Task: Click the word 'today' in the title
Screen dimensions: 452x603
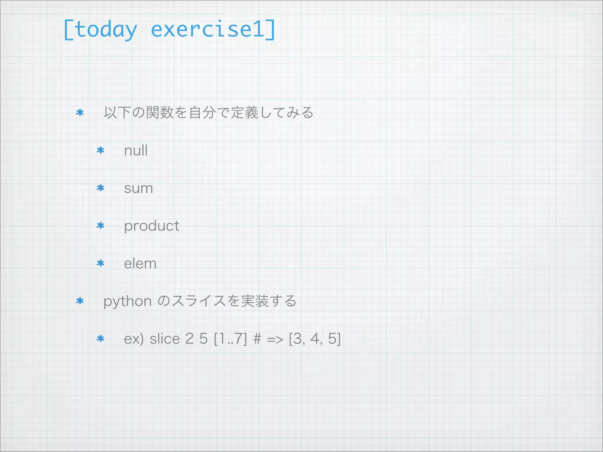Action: coord(106,30)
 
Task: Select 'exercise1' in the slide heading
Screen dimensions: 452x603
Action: coord(208,29)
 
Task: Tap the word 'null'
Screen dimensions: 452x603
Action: coord(136,150)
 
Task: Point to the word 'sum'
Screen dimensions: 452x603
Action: coord(138,188)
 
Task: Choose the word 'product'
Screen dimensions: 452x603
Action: coord(152,226)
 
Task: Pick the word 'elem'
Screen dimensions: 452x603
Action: coord(140,263)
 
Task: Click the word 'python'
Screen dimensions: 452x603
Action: coord(127,301)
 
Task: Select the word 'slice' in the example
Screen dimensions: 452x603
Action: coord(165,339)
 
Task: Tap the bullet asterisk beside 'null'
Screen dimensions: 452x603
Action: coord(100,150)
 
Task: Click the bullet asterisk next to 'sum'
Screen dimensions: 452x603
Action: coord(100,188)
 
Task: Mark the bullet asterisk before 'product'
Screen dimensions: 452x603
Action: coord(100,226)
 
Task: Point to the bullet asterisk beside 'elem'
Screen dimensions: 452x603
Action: coord(100,263)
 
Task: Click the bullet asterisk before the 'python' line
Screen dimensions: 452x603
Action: coord(80,301)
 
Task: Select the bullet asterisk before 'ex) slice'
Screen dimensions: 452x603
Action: coord(100,339)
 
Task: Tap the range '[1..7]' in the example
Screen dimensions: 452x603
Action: coord(230,339)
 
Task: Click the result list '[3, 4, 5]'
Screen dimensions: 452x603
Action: coord(315,339)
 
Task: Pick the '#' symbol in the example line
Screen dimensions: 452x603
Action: coord(257,339)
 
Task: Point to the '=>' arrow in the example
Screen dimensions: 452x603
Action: coord(275,339)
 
